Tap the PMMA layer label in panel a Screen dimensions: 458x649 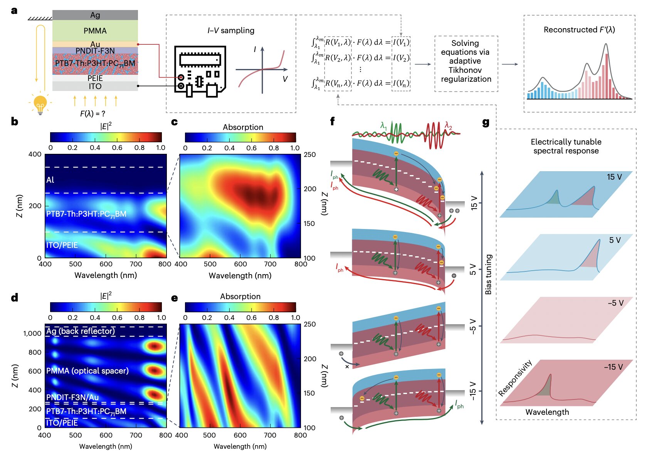coord(95,31)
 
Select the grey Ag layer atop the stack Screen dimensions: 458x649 coord(95,15)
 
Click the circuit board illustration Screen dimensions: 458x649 coord(200,72)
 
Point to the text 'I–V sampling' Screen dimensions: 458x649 coord(230,30)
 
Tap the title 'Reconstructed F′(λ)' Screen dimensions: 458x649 coord(579,30)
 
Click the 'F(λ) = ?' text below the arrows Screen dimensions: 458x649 coord(92,114)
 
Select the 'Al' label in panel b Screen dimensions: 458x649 coord(50,180)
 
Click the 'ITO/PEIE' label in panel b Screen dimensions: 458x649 coord(62,245)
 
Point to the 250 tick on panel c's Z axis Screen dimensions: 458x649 coord(309,155)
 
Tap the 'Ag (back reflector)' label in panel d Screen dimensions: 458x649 coord(80,331)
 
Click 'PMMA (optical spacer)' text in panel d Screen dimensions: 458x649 coord(87,371)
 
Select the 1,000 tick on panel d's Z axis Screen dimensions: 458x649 coord(32,333)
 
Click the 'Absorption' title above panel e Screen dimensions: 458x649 coord(240,296)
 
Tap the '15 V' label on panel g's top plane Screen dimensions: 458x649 coord(614,177)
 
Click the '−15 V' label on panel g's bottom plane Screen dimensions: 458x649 coord(613,367)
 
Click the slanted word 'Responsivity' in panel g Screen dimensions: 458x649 coord(515,378)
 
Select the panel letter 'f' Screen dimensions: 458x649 coord(332,122)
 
